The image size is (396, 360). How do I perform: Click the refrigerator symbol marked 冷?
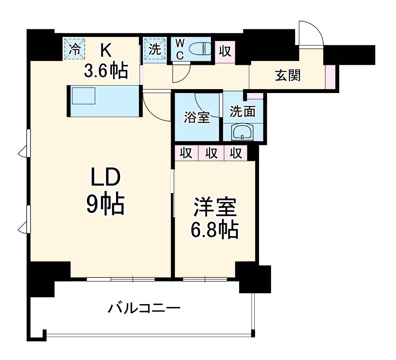click(x=74, y=49)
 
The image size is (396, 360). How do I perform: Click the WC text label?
click(x=180, y=49)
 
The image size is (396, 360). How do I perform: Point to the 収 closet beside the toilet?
click(x=225, y=51)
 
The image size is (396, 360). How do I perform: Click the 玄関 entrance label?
click(x=288, y=76)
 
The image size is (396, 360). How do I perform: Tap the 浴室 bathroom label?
click(x=197, y=118)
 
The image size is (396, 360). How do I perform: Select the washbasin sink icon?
click(x=243, y=133)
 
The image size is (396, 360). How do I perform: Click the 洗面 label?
click(x=243, y=112)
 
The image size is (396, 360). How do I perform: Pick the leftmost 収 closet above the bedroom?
click(x=186, y=153)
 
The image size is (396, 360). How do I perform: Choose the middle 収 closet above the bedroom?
click(x=211, y=153)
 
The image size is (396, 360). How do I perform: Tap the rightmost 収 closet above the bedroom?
click(x=236, y=153)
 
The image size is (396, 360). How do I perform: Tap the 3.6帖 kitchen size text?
click(x=106, y=71)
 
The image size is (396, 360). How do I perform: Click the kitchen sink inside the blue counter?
click(x=84, y=96)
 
